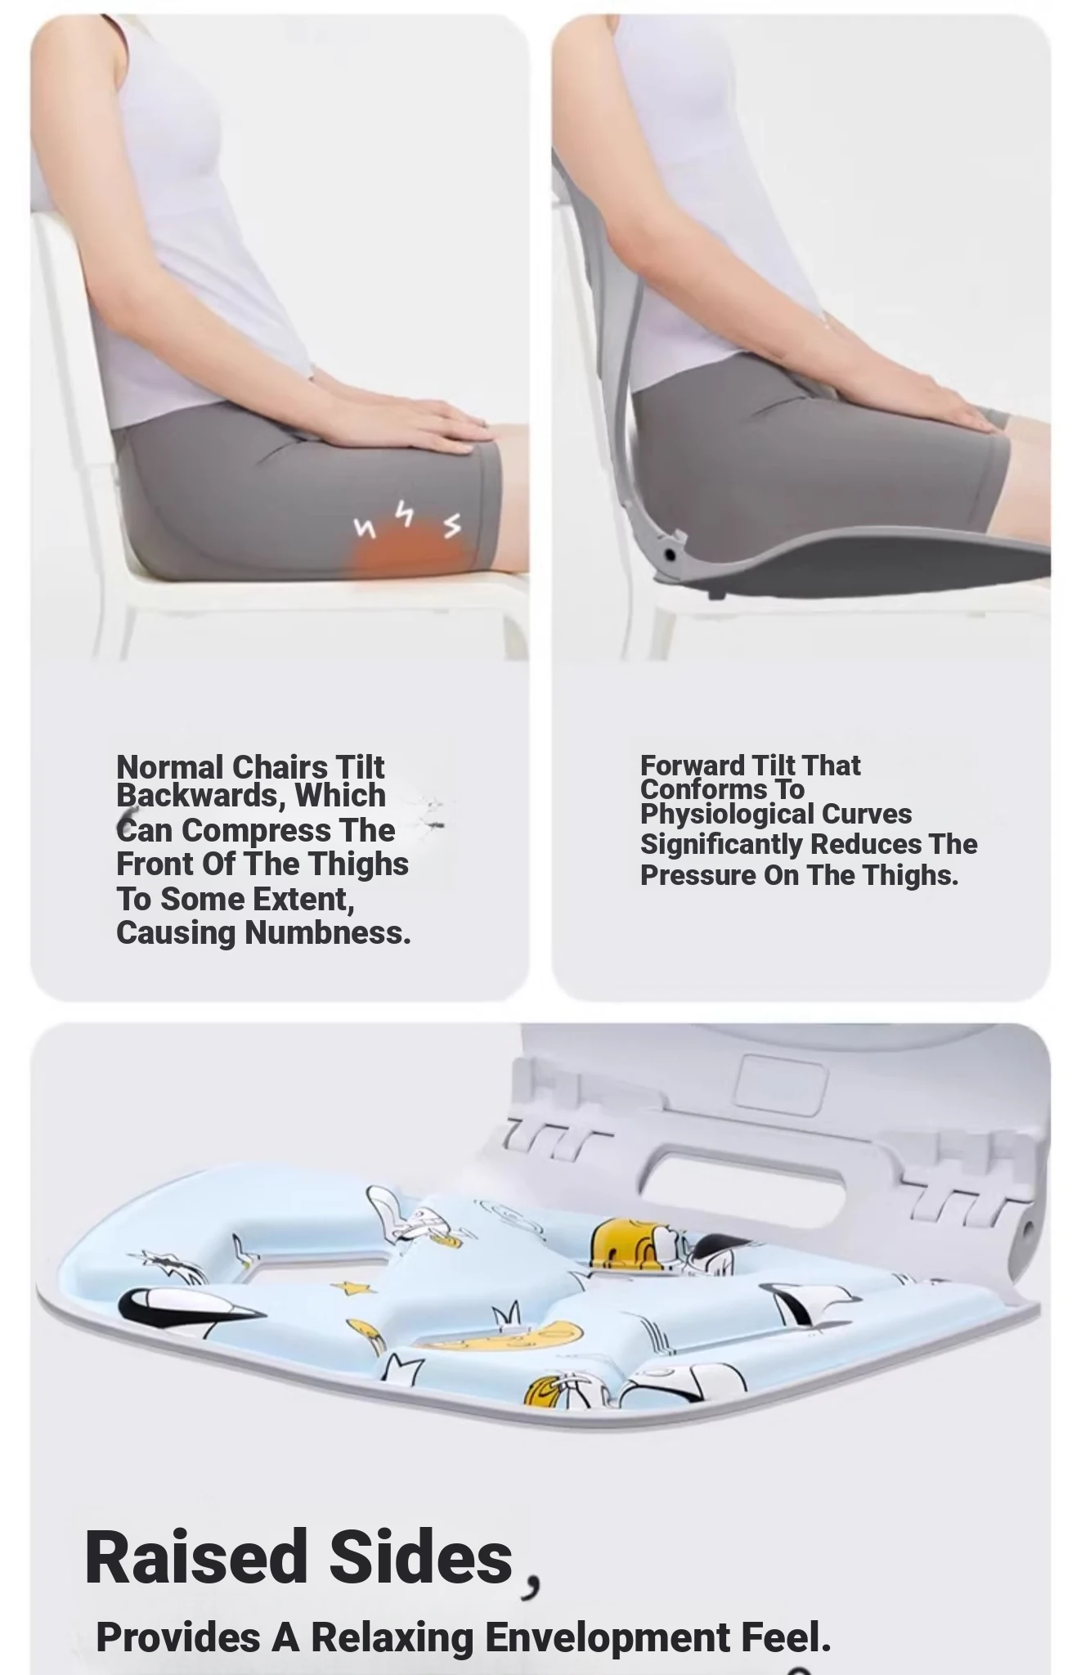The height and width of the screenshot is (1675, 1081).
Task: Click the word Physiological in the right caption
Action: click(726, 815)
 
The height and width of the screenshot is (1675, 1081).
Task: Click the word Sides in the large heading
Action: click(421, 1557)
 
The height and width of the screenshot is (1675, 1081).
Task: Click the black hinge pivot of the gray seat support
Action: click(671, 555)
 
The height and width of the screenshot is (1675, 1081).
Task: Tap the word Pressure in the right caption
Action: click(698, 875)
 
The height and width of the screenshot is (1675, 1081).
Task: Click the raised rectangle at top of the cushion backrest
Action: click(782, 1084)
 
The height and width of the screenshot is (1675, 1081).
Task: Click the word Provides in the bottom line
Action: click(179, 1637)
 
